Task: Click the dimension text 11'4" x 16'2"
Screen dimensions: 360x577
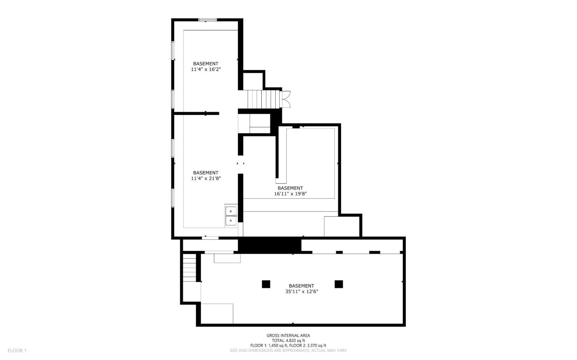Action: pos(206,69)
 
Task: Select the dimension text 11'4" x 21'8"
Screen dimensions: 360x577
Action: pos(206,179)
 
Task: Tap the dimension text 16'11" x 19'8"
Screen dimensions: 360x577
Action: pos(290,194)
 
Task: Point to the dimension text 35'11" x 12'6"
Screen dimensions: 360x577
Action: pos(301,292)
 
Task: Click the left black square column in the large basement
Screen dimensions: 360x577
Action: pos(266,284)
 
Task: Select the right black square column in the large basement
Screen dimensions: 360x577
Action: pos(339,284)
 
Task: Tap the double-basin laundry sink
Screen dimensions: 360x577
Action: pos(231,216)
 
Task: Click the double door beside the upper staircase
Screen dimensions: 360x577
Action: pos(286,99)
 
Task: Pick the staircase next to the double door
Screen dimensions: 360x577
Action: pos(263,99)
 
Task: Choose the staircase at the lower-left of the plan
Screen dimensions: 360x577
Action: pos(190,268)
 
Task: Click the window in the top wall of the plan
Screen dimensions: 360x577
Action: pos(208,19)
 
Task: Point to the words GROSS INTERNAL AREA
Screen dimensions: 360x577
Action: pos(288,336)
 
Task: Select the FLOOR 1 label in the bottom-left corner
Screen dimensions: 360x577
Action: pos(17,350)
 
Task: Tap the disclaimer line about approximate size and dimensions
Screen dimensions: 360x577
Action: pos(288,350)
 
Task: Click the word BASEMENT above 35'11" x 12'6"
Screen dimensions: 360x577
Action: pos(301,286)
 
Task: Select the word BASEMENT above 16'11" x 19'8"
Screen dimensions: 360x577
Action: pos(290,188)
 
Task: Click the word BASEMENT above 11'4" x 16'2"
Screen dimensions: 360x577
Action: pos(206,64)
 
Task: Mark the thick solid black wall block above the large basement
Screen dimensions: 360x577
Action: pos(270,245)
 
